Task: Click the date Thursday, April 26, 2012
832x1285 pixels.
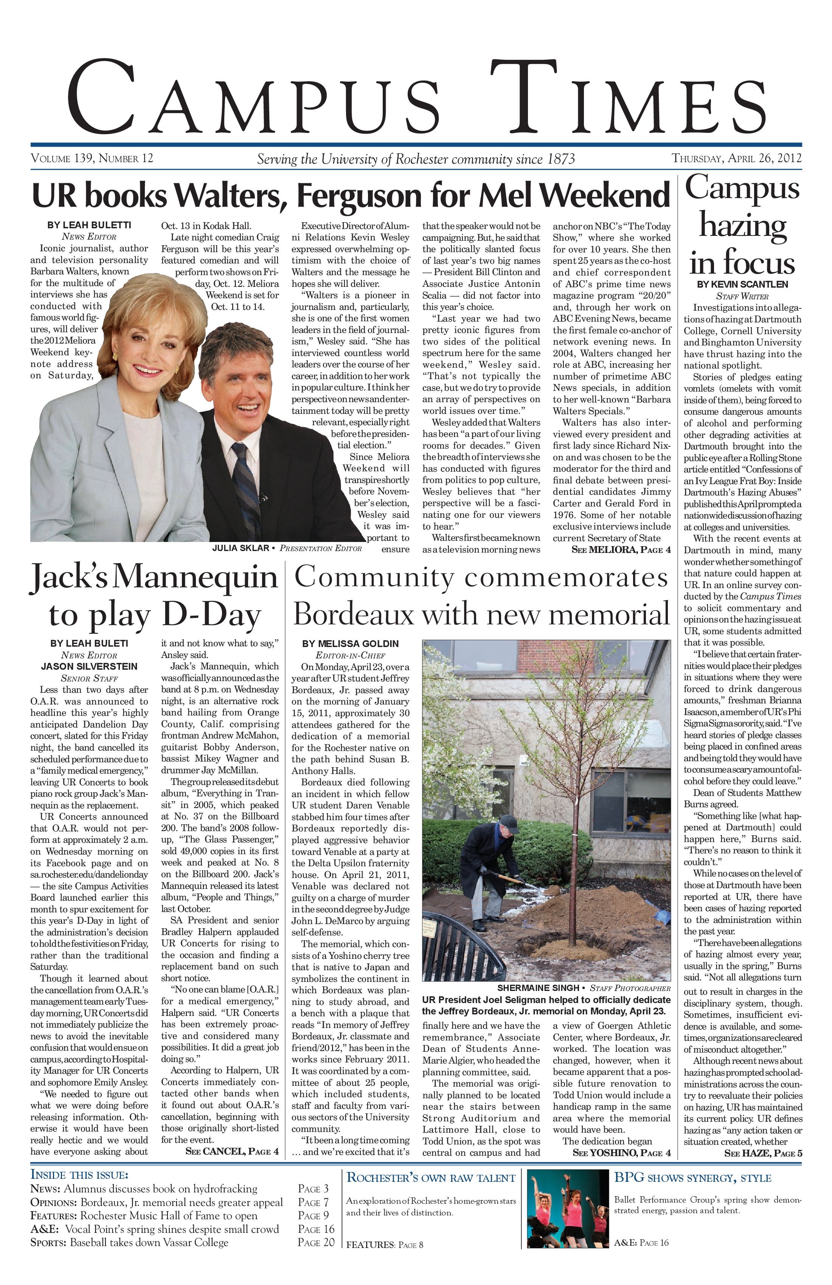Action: click(736, 159)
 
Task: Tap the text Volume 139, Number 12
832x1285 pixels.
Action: click(92, 159)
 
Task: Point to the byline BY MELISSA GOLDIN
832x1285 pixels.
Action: click(350, 644)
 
